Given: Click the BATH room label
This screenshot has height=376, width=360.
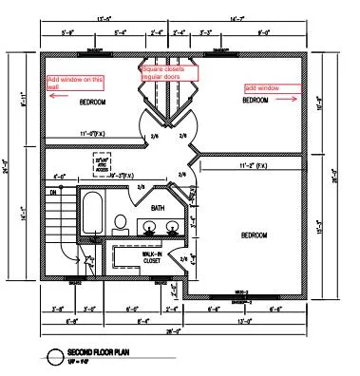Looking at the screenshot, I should (157, 207).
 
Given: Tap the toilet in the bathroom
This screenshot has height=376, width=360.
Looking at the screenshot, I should (121, 224).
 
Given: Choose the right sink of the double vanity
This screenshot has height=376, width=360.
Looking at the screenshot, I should (173, 226).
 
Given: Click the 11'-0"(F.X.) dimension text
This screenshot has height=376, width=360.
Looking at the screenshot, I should (102, 134).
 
